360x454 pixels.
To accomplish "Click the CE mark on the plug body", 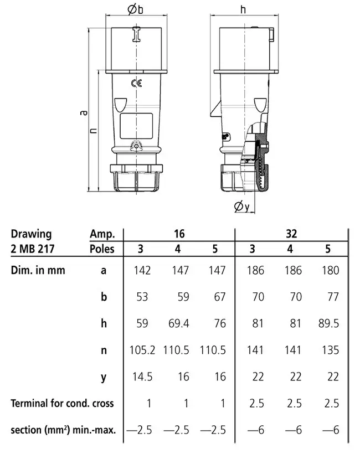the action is coord(136,84).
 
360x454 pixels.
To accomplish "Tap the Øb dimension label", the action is coord(135,9).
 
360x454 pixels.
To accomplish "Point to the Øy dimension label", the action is coord(242,207).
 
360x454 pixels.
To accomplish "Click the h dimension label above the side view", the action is coord(243,9).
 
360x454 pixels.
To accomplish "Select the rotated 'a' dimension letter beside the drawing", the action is coord(84,112).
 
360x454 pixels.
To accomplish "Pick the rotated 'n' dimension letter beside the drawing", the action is coord(93,130).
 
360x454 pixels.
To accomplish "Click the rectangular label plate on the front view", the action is coord(136,126).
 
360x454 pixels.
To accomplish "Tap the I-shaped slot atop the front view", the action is coord(136,34).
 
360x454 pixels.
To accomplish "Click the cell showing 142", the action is coord(142,270).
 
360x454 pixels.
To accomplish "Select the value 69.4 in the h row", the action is coord(179,323).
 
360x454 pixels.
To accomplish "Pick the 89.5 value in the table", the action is coord(328,323).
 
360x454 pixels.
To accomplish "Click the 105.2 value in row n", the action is coord(142,350).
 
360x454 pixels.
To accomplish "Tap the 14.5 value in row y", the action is coord(142,376).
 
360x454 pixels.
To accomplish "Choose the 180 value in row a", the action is coord(331,270).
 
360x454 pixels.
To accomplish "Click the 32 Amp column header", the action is coord(291,234).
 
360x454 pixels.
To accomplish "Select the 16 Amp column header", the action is coord(179,234).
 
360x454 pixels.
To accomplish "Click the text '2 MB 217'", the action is coord(33,249).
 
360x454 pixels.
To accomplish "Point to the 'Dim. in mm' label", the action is coord(38,270).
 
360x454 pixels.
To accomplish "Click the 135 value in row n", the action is coord(331,350).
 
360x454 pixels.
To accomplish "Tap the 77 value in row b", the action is coord(333,297).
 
